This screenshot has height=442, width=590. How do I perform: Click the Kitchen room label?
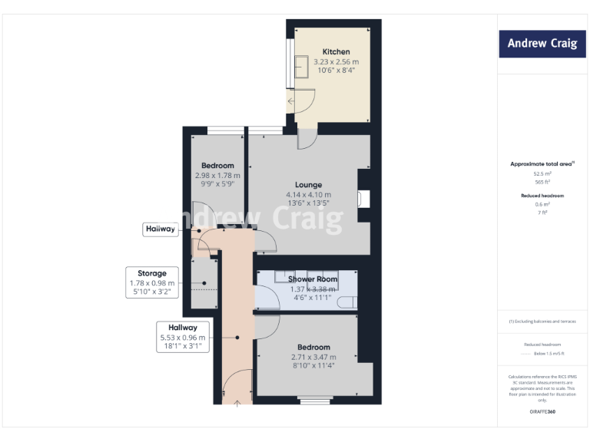coord(336,51)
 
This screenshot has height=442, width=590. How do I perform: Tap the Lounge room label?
coord(308,184)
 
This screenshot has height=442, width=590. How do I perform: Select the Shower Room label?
coord(313,279)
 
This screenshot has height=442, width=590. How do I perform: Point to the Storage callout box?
coord(152,282)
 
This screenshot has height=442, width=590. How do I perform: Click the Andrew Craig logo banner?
coord(542,43)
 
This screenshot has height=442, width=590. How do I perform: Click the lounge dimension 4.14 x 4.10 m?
coord(308,194)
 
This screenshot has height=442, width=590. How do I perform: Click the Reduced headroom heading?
coord(542,196)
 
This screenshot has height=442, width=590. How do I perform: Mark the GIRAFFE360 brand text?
coord(542,412)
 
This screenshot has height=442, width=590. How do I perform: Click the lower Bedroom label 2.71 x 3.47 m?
coord(314,357)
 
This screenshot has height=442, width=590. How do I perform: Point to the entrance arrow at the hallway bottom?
coord(237,402)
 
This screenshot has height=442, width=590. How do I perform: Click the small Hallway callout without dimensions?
coord(161,229)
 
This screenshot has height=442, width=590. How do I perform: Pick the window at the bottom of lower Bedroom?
coord(313,399)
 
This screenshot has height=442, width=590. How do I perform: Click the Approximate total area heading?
coord(542,164)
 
